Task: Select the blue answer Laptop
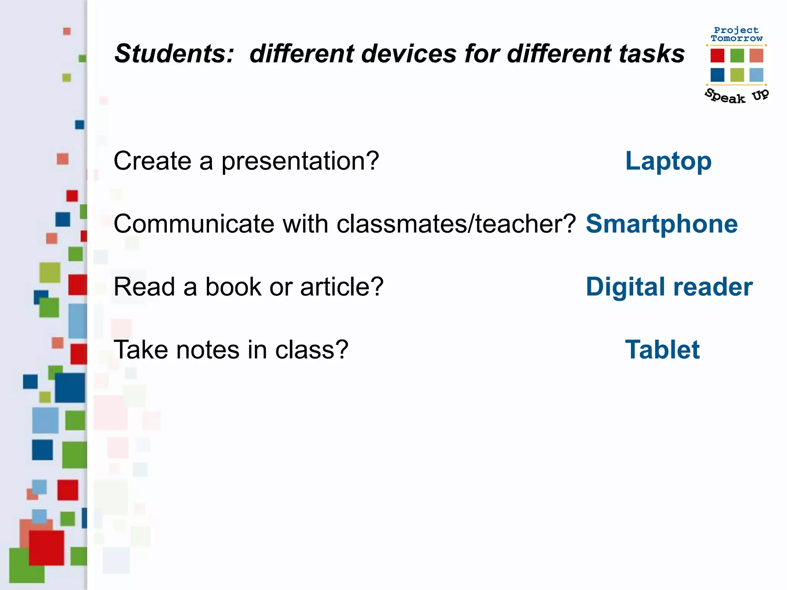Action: coord(668,161)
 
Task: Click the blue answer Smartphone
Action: coord(661,224)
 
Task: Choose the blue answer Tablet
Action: coord(662,350)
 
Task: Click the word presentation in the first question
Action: coord(300,161)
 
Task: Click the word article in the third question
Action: coord(342,287)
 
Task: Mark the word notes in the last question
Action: coord(208,350)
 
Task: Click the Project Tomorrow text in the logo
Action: coord(736,34)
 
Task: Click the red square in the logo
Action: coord(717,56)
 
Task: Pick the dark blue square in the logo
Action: coord(717,75)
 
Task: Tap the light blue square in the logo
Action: coord(756,75)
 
